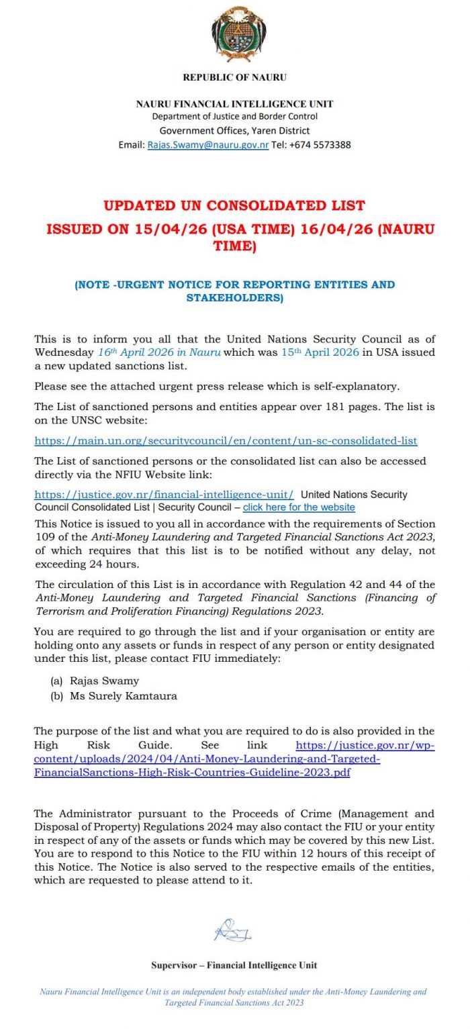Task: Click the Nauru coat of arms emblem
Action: pyautogui.click(x=235, y=34)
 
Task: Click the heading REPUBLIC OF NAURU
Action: pyautogui.click(x=235, y=77)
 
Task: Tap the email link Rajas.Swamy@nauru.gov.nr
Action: pyautogui.click(x=208, y=145)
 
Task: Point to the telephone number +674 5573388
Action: pyautogui.click(x=320, y=145)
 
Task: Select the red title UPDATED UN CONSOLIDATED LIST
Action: pyautogui.click(x=235, y=205)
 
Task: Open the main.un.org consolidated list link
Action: pyautogui.click(x=226, y=441)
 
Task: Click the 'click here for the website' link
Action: pyautogui.click(x=299, y=507)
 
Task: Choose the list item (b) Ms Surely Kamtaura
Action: pyautogui.click(x=114, y=696)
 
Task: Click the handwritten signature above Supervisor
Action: pyautogui.click(x=233, y=930)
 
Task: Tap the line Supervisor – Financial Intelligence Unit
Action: pyautogui.click(x=234, y=965)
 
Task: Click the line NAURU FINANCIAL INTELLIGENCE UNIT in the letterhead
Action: pyautogui.click(x=235, y=104)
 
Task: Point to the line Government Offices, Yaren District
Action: pyautogui.click(x=235, y=131)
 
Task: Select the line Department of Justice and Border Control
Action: pyautogui.click(x=235, y=117)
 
